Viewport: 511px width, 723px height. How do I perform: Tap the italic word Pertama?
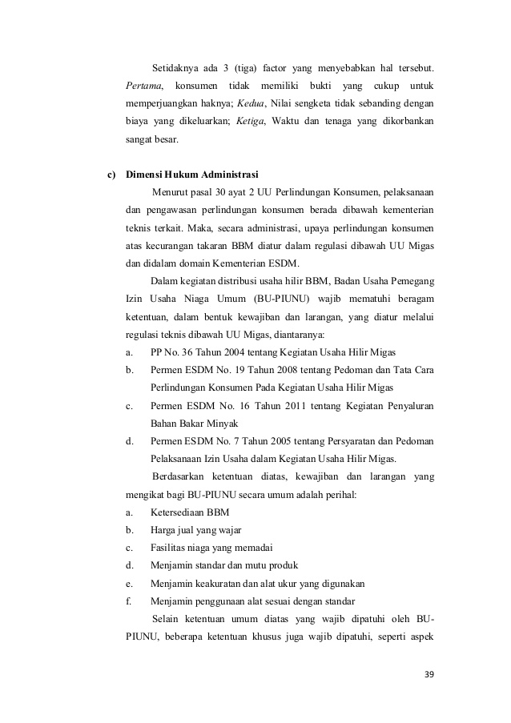coord(144,86)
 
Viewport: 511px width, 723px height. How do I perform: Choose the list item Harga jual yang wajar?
coord(195,530)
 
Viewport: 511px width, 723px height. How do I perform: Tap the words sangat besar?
coord(151,139)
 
